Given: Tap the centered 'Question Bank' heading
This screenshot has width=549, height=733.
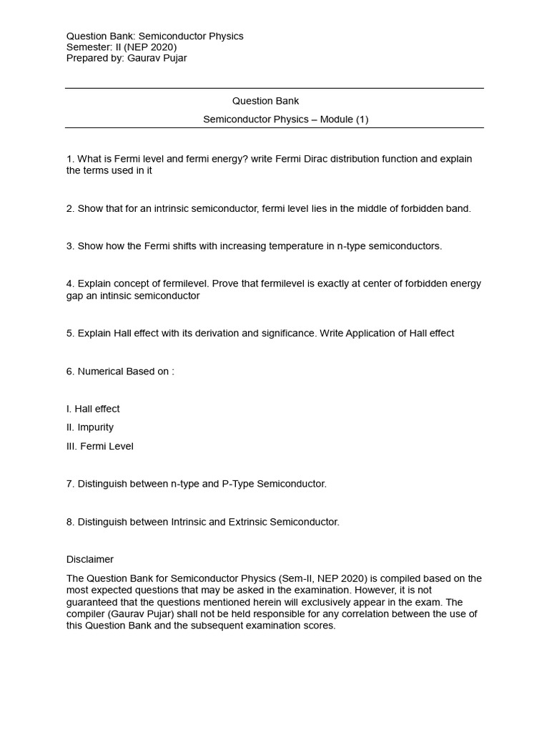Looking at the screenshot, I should [x=261, y=101].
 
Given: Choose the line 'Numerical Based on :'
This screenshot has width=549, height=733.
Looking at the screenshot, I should [x=120, y=371].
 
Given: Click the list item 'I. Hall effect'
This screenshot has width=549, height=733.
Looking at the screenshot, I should [x=93, y=409].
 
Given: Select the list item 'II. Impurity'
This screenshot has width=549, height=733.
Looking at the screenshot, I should [x=90, y=427].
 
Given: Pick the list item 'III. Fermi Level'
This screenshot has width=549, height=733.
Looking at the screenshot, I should [x=99, y=446].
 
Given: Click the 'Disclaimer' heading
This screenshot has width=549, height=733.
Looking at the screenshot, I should [x=90, y=559].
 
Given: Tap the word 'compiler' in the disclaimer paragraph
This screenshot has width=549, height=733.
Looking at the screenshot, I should [x=86, y=614].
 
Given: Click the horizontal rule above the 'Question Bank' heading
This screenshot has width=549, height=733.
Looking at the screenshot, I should [x=274, y=88].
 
